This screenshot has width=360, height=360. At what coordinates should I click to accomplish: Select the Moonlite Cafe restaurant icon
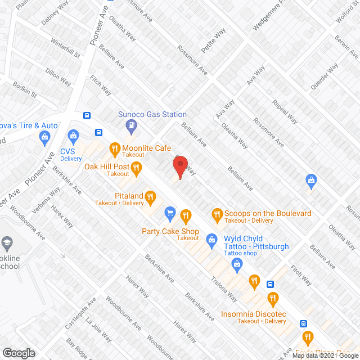[114, 149]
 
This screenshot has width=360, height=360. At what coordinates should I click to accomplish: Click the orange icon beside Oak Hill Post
[136, 167]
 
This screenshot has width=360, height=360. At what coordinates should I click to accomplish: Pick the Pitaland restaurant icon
[150, 196]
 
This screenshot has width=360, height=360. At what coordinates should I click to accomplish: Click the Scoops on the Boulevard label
[267, 213]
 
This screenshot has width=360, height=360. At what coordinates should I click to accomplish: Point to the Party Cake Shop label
[170, 231]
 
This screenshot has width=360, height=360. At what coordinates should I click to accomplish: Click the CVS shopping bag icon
[73, 136]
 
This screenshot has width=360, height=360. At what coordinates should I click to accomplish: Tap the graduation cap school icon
[7, 243]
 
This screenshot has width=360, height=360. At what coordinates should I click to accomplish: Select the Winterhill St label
[66, 49]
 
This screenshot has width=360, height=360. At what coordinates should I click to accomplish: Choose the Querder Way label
[325, 76]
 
